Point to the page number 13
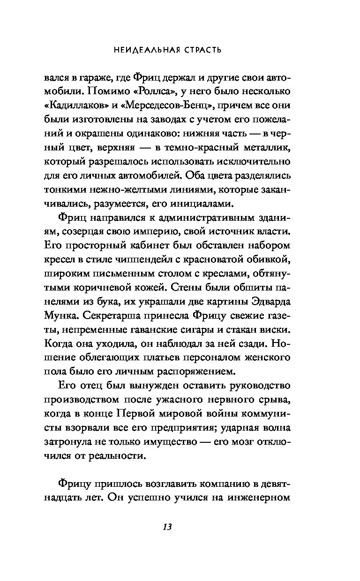point(166,527)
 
